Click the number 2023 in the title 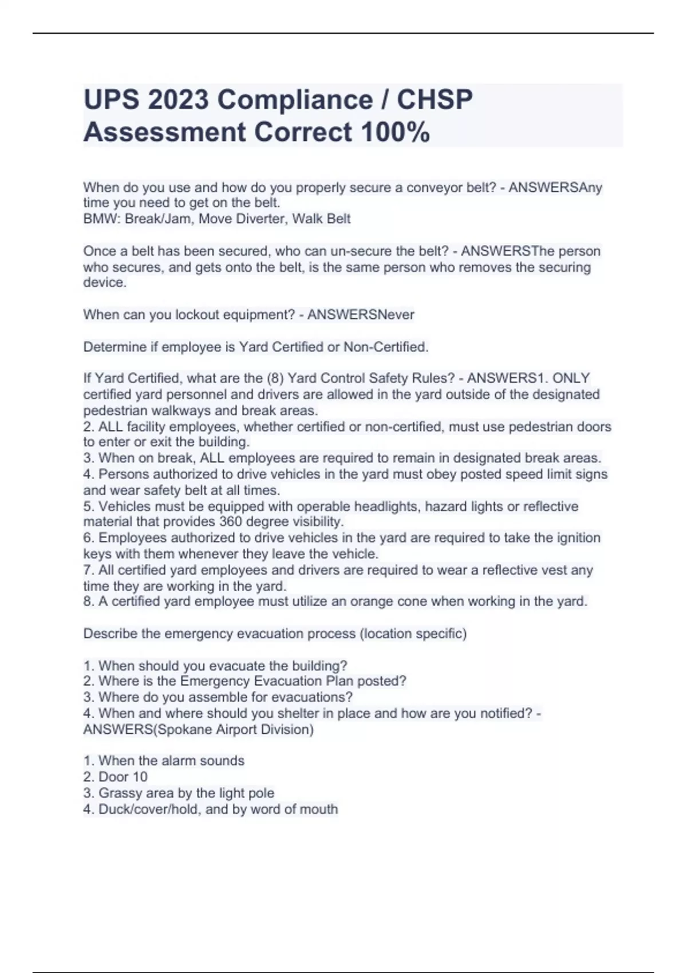pyautogui.click(x=178, y=100)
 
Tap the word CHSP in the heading pyautogui.click(x=435, y=100)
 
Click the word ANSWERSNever pyautogui.click(x=360, y=315)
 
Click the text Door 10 pyautogui.click(x=123, y=777)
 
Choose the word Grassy pyautogui.click(x=120, y=793)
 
